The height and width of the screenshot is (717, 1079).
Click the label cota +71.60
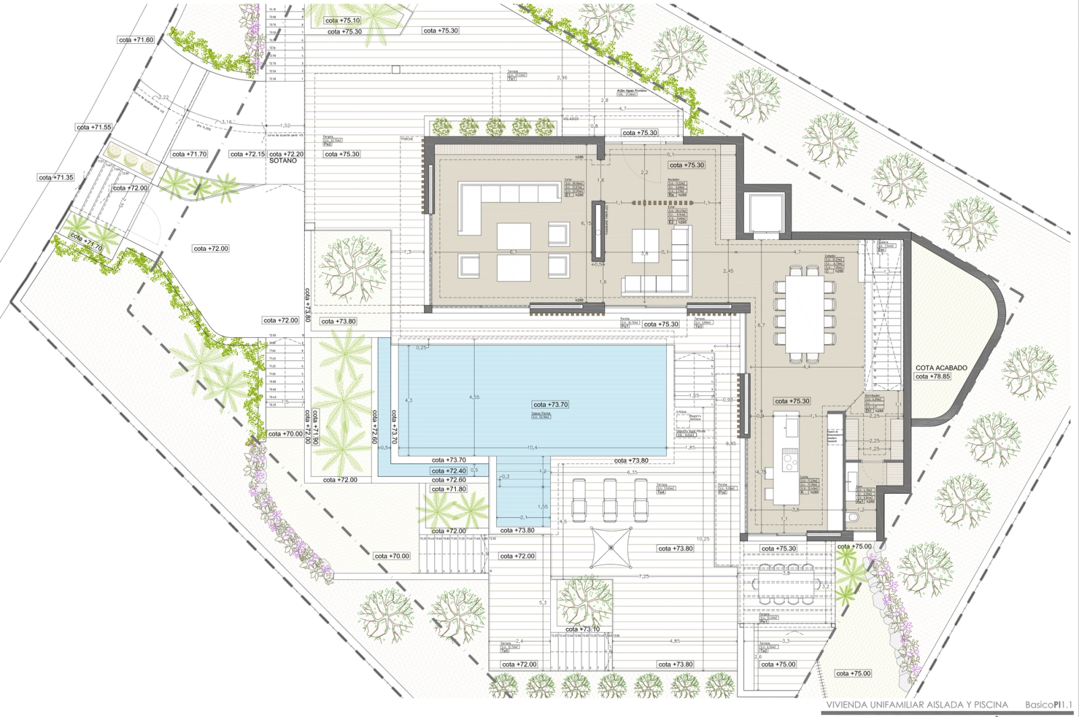[x=136, y=40]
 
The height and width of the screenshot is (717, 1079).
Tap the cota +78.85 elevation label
[x=933, y=376]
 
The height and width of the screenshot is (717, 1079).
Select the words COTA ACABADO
[x=941, y=368]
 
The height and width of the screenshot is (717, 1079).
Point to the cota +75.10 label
[x=343, y=21]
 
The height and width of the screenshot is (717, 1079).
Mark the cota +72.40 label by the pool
[x=448, y=471]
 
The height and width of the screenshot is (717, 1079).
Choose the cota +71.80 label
[x=448, y=489]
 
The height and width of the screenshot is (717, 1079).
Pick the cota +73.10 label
[x=582, y=629]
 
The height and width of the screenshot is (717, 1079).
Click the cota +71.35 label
[x=55, y=177]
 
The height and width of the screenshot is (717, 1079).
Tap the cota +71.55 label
[x=94, y=127]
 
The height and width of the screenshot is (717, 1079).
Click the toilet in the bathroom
[x=854, y=517]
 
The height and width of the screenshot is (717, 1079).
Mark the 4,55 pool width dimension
[x=474, y=397]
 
